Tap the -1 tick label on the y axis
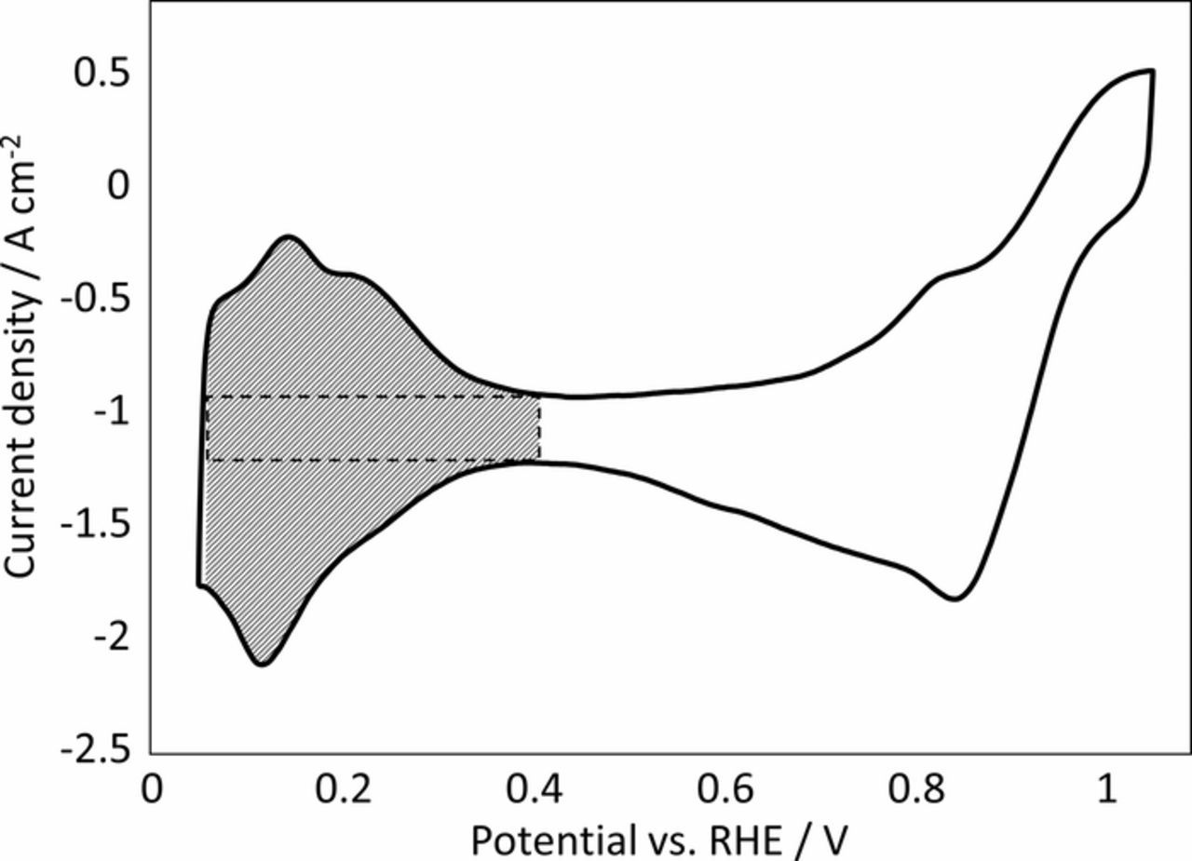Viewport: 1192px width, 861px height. point(107,411)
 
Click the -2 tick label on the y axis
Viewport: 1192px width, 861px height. point(107,639)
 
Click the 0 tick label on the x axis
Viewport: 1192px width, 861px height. point(151,790)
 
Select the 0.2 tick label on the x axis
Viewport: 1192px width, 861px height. point(342,790)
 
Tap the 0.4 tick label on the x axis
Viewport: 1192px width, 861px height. point(533,790)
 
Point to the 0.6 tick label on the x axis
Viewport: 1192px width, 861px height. point(724,790)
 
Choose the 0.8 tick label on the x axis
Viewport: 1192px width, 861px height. point(914,790)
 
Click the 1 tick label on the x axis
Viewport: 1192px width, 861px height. point(1106,790)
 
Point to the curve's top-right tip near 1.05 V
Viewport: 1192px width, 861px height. point(1152,71)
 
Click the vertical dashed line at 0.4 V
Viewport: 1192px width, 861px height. point(539,428)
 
